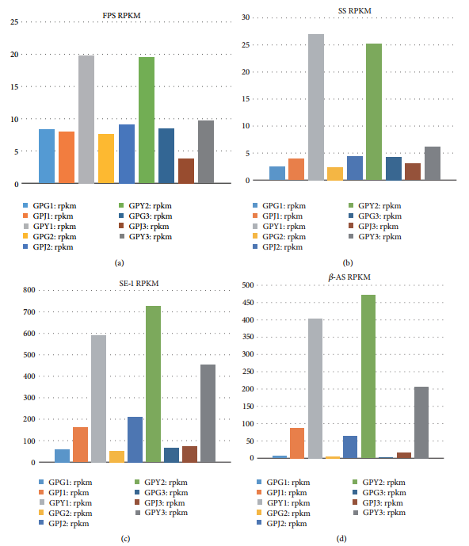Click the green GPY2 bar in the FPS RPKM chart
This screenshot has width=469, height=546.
point(147,120)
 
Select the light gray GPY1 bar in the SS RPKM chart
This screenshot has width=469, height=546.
point(316,107)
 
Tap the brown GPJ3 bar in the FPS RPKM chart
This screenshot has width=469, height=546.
point(186,171)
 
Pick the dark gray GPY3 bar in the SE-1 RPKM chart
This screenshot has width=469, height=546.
point(208,414)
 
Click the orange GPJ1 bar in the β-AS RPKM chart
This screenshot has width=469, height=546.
point(297,443)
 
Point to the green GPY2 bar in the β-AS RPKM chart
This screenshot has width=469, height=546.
point(368,376)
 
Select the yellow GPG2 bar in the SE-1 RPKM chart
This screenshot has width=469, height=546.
point(116,456)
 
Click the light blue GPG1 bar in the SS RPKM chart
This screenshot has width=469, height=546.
point(277,174)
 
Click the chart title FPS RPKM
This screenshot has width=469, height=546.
point(121,16)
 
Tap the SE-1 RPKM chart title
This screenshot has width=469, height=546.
point(139,284)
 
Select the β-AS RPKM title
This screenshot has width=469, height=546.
point(349,277)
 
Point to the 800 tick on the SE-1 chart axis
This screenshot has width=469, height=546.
point(29,290)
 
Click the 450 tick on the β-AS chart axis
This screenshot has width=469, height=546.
point(248,302)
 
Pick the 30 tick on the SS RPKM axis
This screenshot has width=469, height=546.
point(246,17)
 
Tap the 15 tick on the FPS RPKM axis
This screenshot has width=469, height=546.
point(14,86)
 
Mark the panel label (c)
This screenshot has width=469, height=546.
point(125,539)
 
